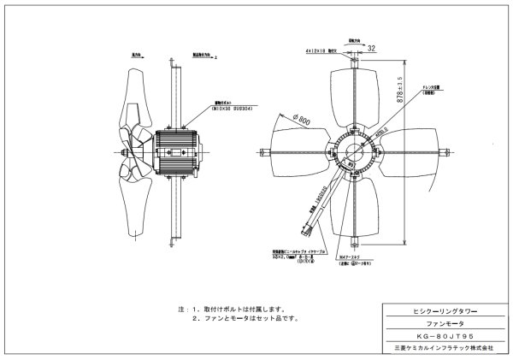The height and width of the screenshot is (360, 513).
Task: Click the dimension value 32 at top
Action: (371, 49)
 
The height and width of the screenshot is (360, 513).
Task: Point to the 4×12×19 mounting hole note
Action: (321, 51)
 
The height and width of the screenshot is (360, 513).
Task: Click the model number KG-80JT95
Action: (441, 336)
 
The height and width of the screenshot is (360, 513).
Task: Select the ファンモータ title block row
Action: (441, 325)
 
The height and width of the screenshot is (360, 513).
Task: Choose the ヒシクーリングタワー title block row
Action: (441, 313)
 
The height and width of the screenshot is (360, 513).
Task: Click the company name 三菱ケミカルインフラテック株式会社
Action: (441, 348)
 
